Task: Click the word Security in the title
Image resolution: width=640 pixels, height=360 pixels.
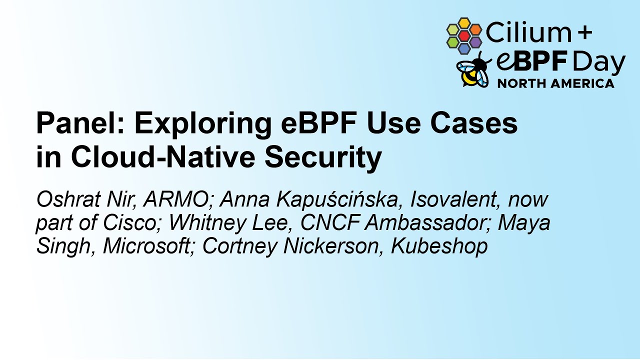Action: click(323, 157)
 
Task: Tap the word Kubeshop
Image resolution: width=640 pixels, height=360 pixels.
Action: click(439, 246)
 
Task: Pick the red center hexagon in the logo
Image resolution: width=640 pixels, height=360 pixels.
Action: click(464, 36)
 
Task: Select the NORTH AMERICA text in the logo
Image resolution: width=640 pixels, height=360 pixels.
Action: click(555, 83)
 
